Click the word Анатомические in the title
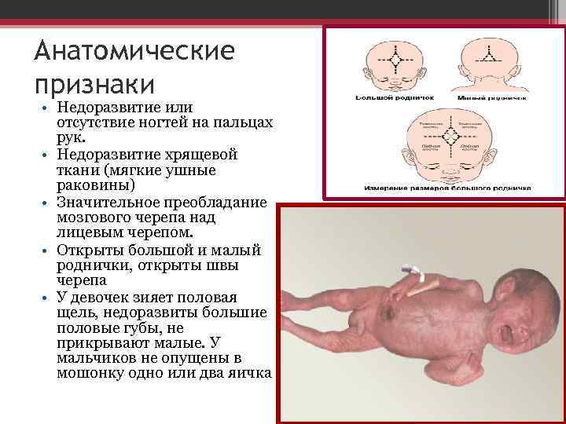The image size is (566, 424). [x=134, y=53]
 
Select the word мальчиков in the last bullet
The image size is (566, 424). [x=97, y=357]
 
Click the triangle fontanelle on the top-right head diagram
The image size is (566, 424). [x=488, y=57]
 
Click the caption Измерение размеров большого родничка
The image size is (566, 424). [x=447, y=188]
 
